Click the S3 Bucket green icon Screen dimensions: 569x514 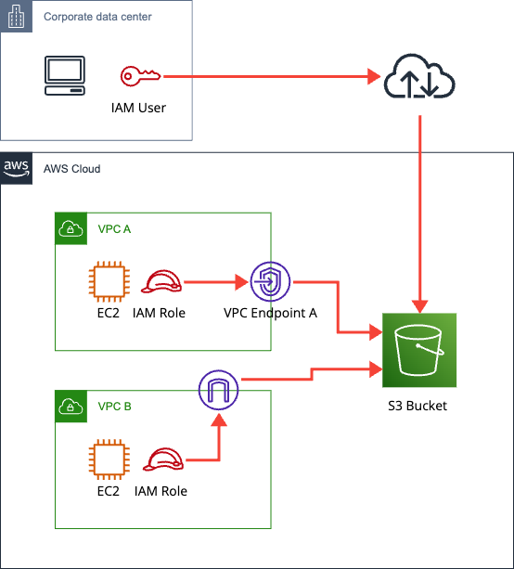click(x=419, y=349)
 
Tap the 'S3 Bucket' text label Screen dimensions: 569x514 click(x=419, y=406)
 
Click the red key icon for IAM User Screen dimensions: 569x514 click(x=140, y=76)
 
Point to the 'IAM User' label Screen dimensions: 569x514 click(x=137, y=108)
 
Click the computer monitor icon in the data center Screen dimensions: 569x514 click(x=65, y=76)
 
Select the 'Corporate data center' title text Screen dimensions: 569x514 click(x=98, y=18)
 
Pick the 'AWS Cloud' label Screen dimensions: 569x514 click(x=71, y=169)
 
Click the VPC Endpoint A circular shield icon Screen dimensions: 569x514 click(x=270, y=280)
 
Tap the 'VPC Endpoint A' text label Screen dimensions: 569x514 click(x=270, y=313)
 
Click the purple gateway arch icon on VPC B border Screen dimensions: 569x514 click(x=219, y=390)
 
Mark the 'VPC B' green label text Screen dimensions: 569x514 click(x=114, y=407)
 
